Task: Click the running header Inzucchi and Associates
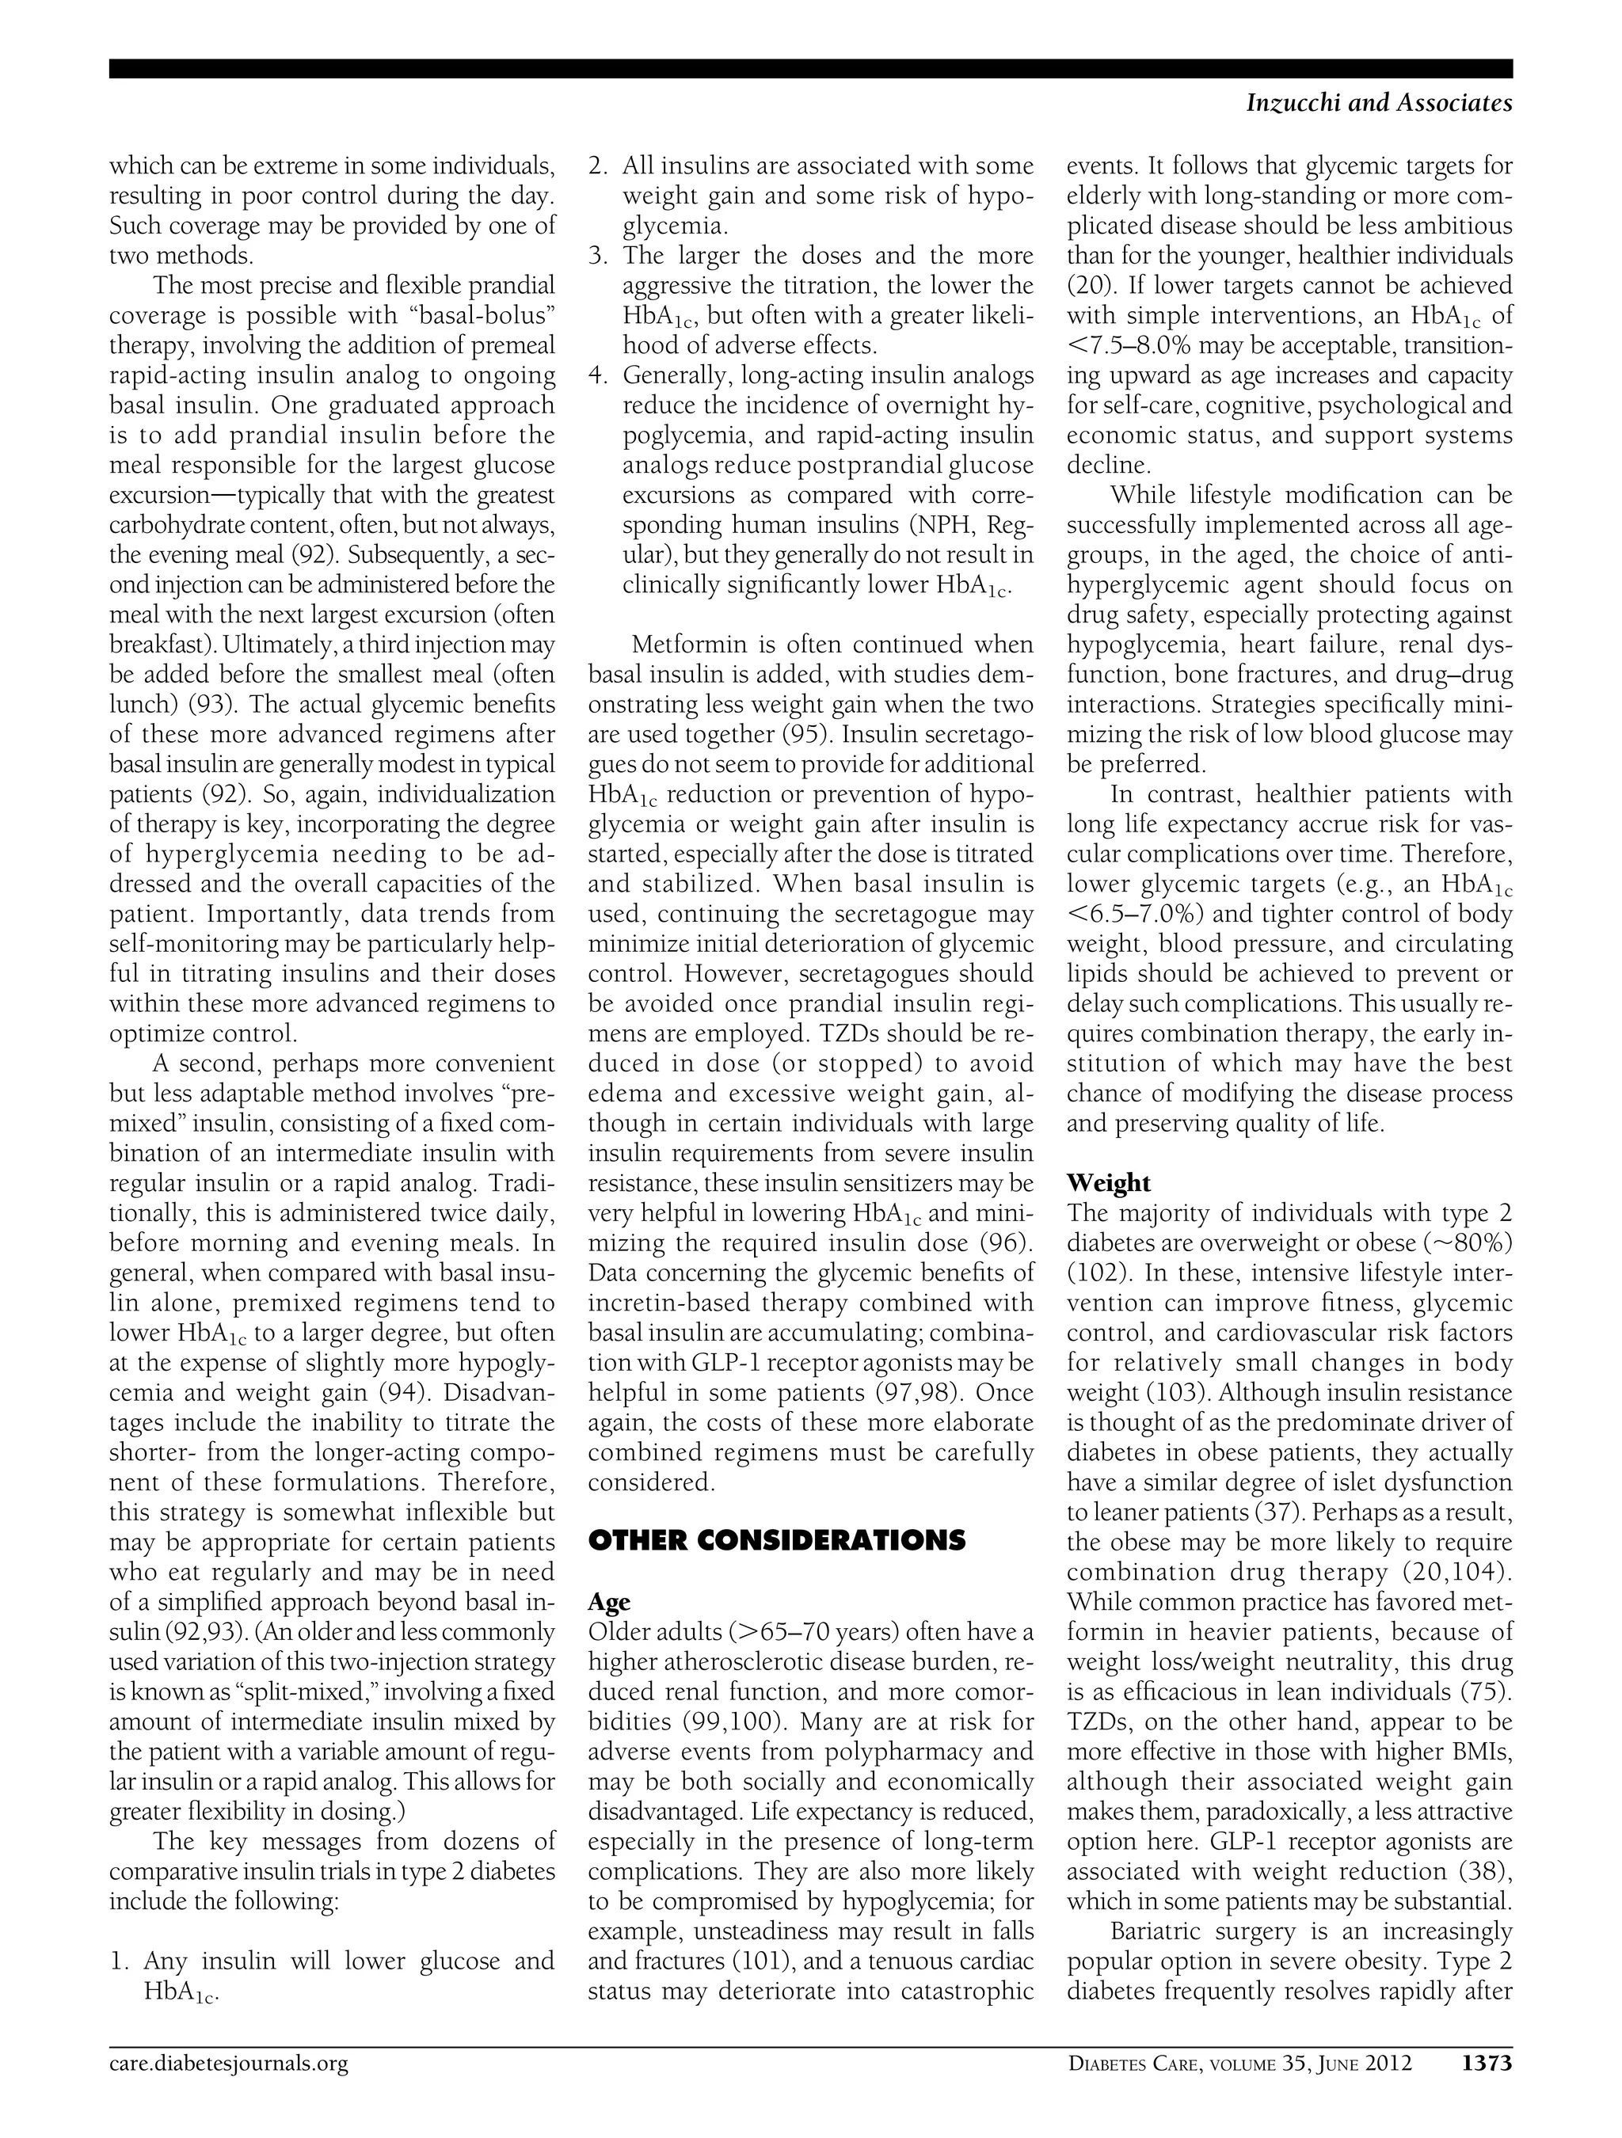coord(1380,104)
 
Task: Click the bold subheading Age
coord(608,1602)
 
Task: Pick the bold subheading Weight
coord(1108,1183)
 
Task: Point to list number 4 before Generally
coord(597,375)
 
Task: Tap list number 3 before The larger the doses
coord(597,256)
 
